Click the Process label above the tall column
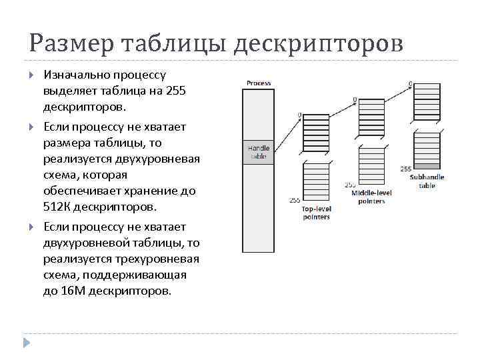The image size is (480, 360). point(259,83)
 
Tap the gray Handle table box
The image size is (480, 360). point(259,152)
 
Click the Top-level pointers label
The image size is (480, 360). point(316,213)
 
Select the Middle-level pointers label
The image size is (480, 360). point(371,197)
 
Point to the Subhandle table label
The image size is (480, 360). point(427,181)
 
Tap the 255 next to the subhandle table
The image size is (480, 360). point(406,169)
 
